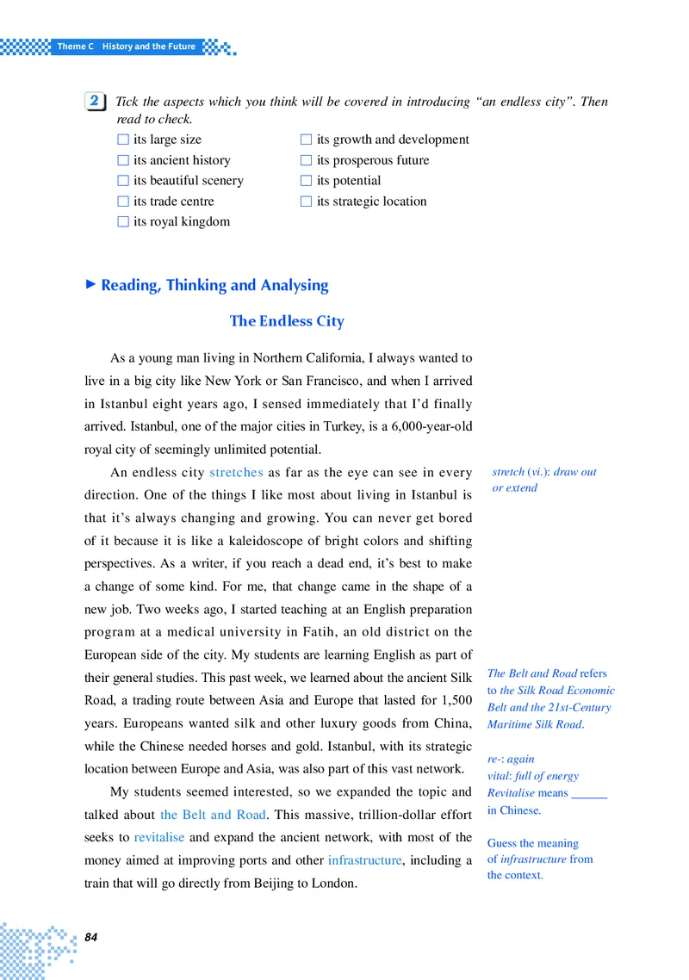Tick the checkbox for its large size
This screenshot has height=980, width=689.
123,140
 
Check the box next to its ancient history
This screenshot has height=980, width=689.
123,160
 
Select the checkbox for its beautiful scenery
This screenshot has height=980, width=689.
123,181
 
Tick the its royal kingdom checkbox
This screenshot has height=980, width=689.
123,222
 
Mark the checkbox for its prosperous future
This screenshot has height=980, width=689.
306,160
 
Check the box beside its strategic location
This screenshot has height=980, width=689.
306,202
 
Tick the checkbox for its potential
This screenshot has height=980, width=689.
306,181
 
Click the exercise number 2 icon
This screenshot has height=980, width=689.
95,102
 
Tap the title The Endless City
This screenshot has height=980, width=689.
287,321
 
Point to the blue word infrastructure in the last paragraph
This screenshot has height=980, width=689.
364,859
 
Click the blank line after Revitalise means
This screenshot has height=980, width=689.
589,793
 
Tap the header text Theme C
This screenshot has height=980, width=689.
75,46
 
